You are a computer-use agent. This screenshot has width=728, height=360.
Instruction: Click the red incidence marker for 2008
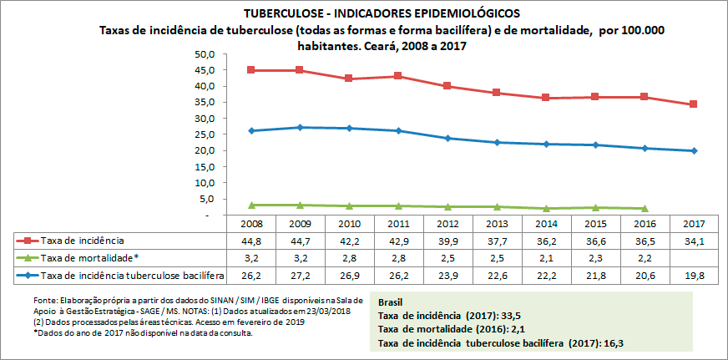(x=251, y=70)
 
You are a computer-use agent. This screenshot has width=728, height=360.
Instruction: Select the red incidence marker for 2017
(x=694, y=104)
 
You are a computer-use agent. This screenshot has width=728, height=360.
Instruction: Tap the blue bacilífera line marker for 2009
(x=301, y=127)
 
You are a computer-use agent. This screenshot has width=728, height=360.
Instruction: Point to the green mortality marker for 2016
(x=645, y=208)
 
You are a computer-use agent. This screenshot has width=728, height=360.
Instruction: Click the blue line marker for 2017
(x=694, y=151)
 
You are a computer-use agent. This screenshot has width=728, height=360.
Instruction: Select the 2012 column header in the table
(x=448, y=224)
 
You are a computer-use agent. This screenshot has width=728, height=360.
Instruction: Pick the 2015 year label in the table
(x=596, y=224)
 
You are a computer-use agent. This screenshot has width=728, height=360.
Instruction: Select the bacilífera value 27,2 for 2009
(x=301, y=274)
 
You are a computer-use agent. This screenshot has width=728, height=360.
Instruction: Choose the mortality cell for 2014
(x=547, y=256)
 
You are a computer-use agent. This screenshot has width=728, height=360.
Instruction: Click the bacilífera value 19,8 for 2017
(x=694, y=274)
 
